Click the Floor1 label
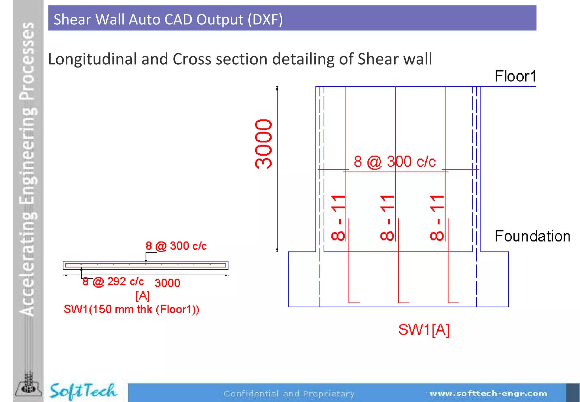[x=515, y=76]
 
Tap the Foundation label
[x=532, y=236]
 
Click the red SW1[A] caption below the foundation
[x=424, y=330]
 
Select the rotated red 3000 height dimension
[x=263, y=144]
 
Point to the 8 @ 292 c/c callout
[x=113, y=282]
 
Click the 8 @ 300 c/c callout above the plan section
[x=176, y=246]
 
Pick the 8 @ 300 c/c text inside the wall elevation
[x=395, y=162]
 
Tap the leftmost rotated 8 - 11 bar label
[x=338, y=218]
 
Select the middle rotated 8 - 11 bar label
[x=387, y=218]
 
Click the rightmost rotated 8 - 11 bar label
[x=437, y=218]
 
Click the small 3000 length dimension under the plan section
[x=167, y=283]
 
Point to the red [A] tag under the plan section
[x=142, y=296]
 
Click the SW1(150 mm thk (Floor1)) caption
[x=131, y=309]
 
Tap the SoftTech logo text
[x=83, y=391]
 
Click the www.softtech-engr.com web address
[x=488, y=393]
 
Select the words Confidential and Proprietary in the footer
[x=289, y=394]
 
